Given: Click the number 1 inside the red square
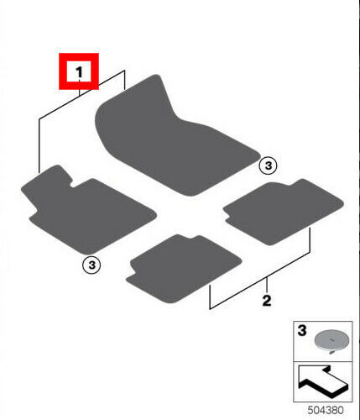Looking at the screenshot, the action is point(80,72).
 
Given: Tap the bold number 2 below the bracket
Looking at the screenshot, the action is point(267,301).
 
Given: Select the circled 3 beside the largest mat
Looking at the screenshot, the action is point(268,165).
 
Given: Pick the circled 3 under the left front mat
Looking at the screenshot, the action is point(91,265).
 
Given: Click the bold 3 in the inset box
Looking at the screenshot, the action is point(302,330).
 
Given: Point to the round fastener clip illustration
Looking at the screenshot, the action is point(331,341).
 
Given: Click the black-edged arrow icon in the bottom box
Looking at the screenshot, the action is point(323,381).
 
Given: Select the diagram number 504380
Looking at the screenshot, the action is point(326,410).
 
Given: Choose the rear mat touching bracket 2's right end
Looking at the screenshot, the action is point(283,212).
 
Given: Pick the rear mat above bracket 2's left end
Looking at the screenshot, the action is point(183,269).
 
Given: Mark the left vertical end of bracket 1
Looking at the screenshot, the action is point(39,145).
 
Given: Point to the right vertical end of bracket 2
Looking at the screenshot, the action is point(310,240).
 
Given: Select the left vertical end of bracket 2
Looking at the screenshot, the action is point(210,297).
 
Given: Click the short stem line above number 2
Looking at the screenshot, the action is point(267,285).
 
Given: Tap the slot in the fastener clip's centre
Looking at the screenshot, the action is point(331,339).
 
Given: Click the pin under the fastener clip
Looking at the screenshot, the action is point(331,352).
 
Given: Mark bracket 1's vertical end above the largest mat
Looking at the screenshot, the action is point(124,80).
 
